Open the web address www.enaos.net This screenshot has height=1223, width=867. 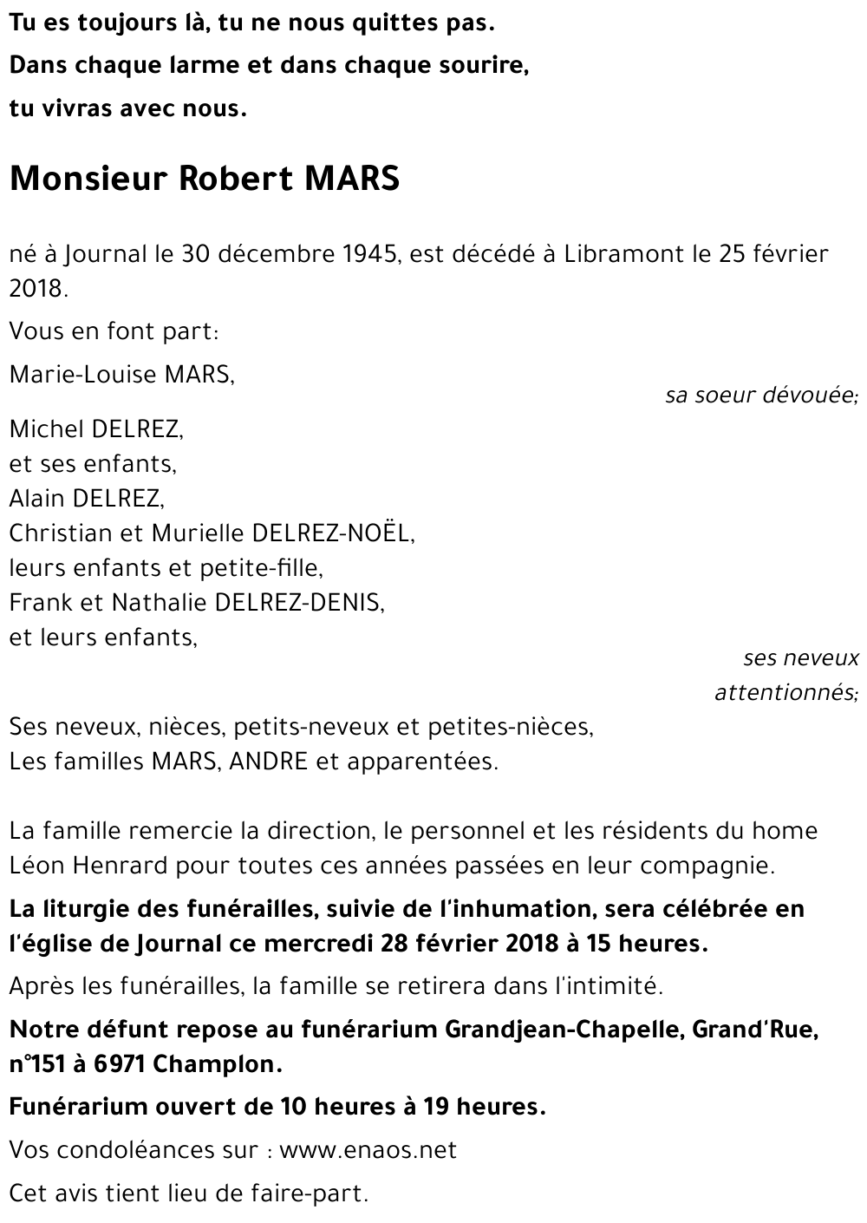click(x=368, y=1151)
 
